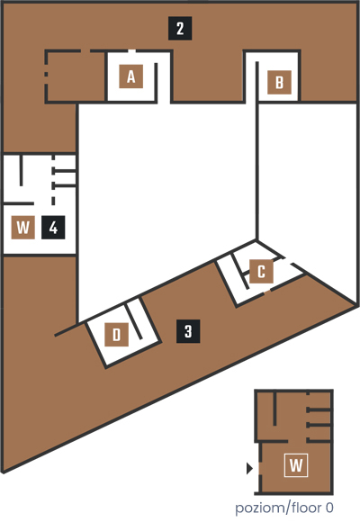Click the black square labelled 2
(x=180, y=29)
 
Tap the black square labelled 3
(x=188, y=331)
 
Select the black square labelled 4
(x=53, y=227)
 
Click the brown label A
(x=130, y=76)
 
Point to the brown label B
(x=279, y=82)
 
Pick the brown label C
(x=261, y=272)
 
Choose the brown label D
(x=116, y=335)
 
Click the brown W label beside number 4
(x=23, y=227)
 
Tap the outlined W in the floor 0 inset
(x=296, y=465)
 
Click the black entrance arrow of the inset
(x=249, y=469)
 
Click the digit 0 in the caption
(x=329, y=508)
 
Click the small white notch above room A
(x=132, y=51)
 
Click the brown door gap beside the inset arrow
(x=259, y=469)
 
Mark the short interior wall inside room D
(x=134, y=320)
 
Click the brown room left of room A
(x=76, y=76)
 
